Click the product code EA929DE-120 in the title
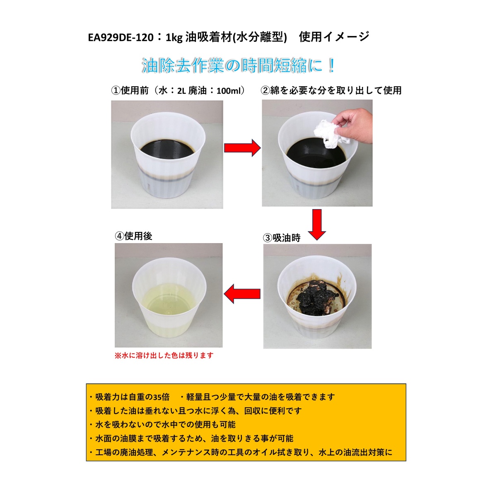[121, 38]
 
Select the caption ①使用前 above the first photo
[130, 91]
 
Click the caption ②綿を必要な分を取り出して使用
[331, 91]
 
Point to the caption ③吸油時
[282, 238]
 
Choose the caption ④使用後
[134, 236]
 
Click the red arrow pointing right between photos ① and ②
[242, 148]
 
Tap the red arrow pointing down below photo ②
[317, 224]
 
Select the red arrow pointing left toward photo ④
[242, 294]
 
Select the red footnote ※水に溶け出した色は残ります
[164, 355]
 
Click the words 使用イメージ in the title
[334, 37]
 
